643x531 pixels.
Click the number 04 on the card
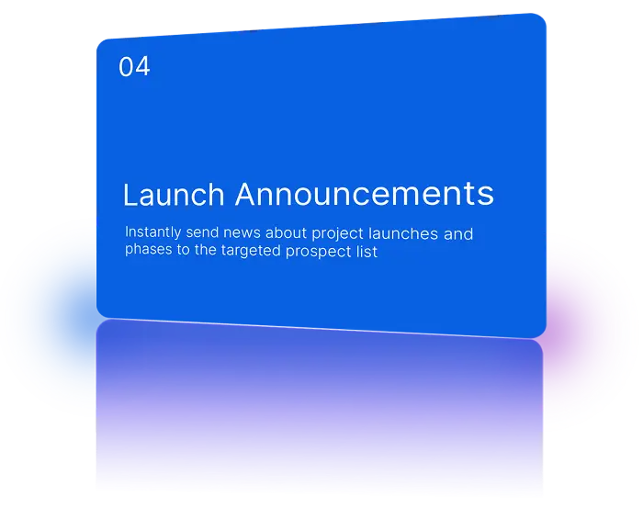(x=134, y=67)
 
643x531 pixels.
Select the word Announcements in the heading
(x=364, y=194)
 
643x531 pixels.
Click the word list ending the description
(x=367, y=251)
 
